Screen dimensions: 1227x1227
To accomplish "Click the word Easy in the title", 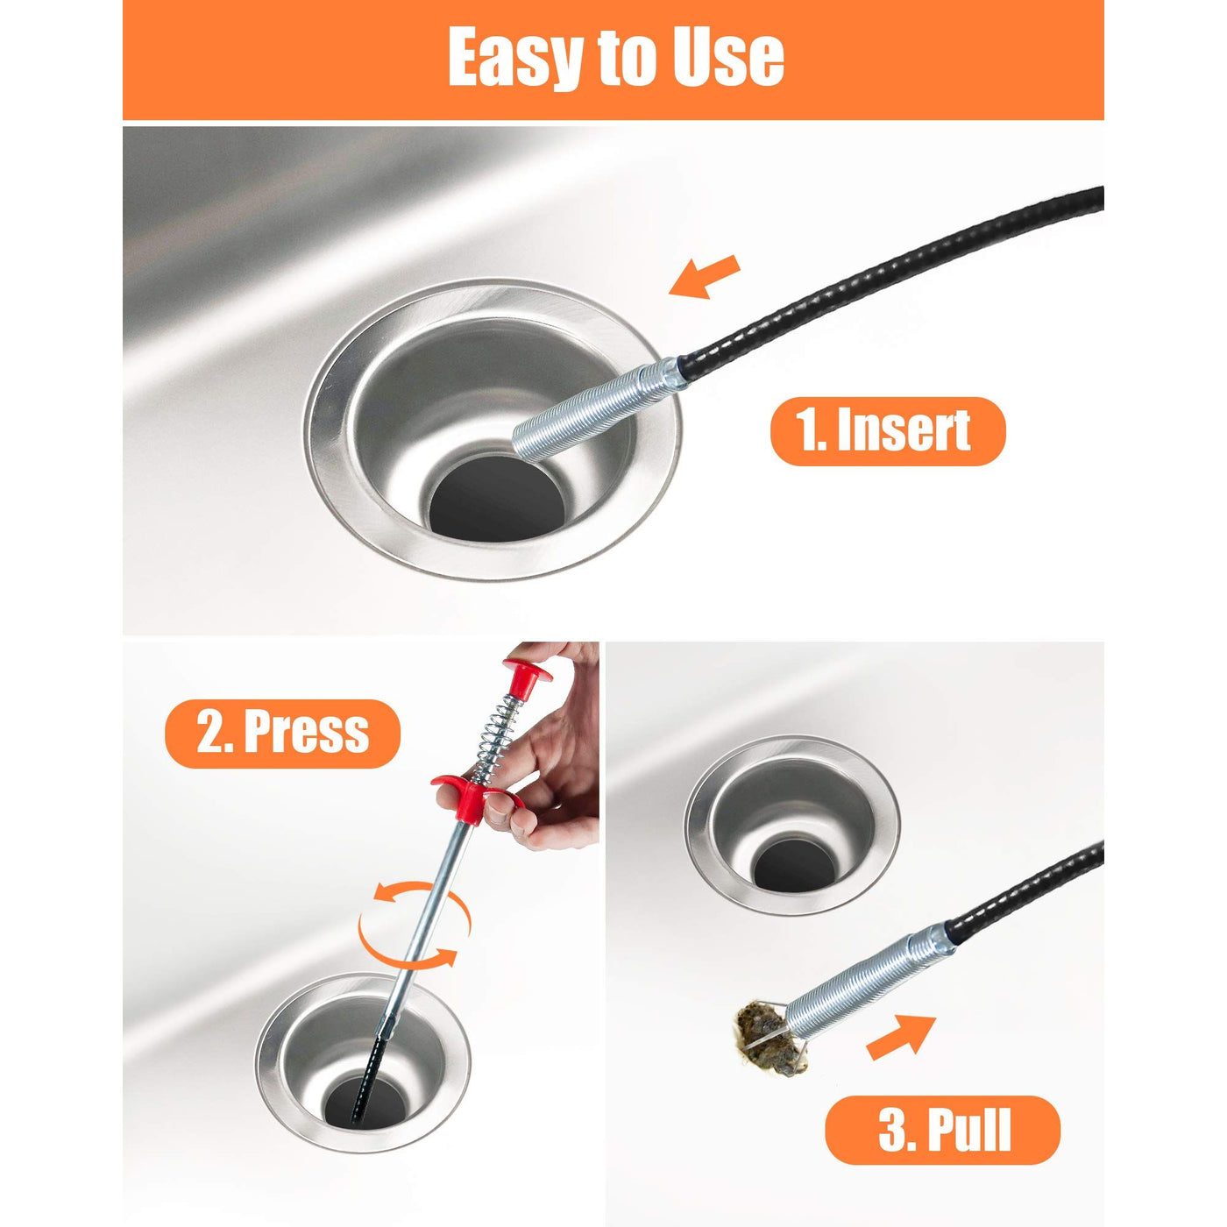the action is [517, 59].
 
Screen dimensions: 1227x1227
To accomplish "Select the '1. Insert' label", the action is [887, 431].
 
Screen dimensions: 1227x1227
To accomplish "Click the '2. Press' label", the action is [283, 734].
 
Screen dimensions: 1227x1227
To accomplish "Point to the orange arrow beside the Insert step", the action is [705, 276].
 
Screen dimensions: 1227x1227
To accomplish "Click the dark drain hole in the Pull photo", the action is [794, 864].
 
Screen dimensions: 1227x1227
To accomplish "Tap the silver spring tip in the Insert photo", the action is [599, 408].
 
